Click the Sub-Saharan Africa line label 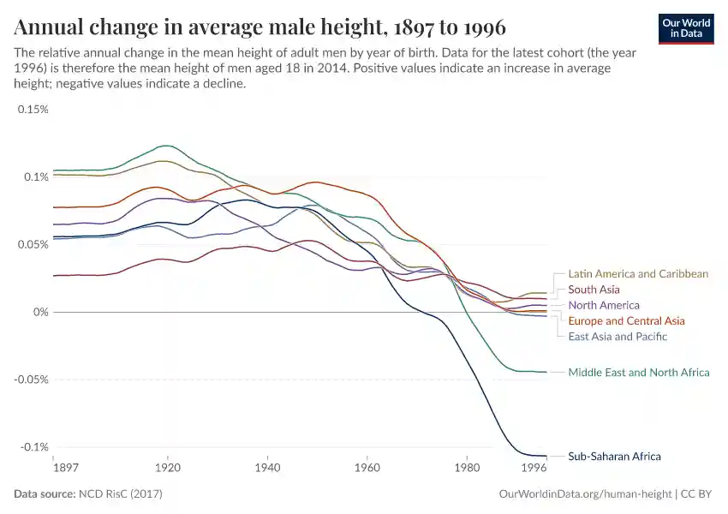(614, 457)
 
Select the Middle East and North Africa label (639, 373)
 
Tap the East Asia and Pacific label (618, 337)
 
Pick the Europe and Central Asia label (626, 321)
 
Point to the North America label (604, 306)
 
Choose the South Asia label (594, 290)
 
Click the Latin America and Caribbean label (638, 274)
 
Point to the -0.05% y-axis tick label (30, 380)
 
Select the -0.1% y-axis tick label (33, 447)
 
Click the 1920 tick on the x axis (168, 468)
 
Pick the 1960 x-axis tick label (367, 468)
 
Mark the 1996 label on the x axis (534, 468)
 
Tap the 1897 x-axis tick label (65, 468)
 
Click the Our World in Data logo (686, 28)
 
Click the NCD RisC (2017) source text (122, 494)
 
